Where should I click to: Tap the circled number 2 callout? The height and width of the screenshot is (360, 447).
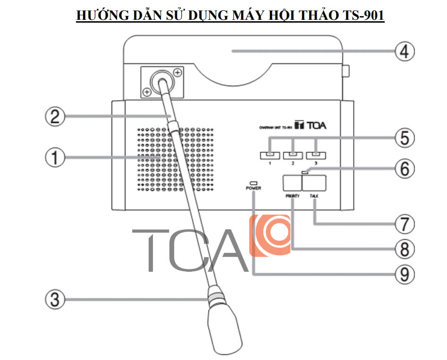pyautogui.click(x=55, y=116)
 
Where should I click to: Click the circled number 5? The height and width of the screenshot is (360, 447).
pyautogui.click(x=405, y=138)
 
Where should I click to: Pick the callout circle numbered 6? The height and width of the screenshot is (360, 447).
pyautogui.click(x=405, y=167)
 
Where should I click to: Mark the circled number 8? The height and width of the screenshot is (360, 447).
pyautogui.click(x=405, y=248)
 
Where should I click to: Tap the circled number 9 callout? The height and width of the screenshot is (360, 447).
pyautogui.click(x=405, y=274)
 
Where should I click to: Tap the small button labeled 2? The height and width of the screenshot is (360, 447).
pyautogui.click(x=293, y=154)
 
